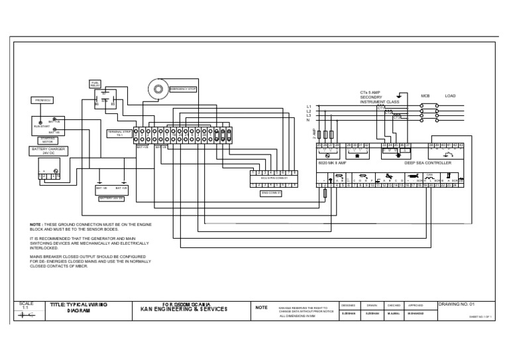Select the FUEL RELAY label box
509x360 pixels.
coord(95,84)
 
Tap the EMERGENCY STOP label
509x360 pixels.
coord(183,89)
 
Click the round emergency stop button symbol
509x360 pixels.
coord(158,88)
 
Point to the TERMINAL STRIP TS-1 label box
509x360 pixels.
coord(119,134)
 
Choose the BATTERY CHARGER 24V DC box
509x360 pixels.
coord(48,150)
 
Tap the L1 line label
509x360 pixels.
coord(308,106)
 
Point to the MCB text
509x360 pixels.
coord(425,95)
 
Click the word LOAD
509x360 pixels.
coord(450,95)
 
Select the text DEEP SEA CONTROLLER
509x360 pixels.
coord(427,162)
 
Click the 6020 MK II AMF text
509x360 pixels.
coord(331,162)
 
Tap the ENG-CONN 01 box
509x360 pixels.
coord(270,193)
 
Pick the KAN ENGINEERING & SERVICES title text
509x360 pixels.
coord(184,309)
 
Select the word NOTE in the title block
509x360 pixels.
coord(261,308)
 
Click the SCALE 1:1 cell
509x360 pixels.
coord(27,306)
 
